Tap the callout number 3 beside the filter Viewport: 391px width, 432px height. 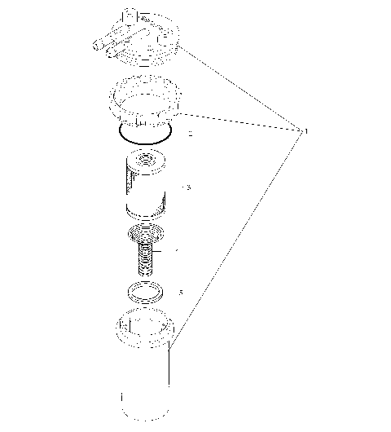point(188,187)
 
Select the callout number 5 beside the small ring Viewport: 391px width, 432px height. point(181,290)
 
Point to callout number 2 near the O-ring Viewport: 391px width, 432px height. point(190,133)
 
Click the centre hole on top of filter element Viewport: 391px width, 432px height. point(147,160)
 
